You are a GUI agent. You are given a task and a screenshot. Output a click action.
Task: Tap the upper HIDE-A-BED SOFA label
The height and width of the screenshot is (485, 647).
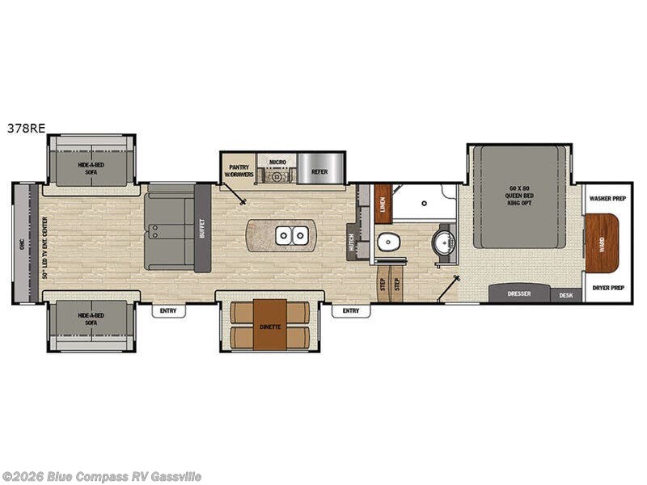(x=91, y=167)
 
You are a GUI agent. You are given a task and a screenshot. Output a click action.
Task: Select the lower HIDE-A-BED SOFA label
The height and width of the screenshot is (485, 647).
(x=91, y=318)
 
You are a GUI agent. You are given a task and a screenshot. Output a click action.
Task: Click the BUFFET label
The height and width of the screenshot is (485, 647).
(x=202, y=229)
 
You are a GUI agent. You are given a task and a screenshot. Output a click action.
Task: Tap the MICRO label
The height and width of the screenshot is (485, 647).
(x=278, y=162)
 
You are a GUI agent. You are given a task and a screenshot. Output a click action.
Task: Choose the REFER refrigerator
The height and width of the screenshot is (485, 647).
(x=319, y=171)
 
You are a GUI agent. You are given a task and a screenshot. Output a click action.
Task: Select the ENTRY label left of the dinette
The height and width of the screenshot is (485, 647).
(x=168, y=310)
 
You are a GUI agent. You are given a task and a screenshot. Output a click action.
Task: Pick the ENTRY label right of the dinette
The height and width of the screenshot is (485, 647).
(x=350, y=310)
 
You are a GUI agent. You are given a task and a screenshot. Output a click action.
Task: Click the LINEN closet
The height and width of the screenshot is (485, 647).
(x=383, y=205)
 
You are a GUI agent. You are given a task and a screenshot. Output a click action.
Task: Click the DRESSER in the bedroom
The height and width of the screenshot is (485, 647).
(x=518, y=294)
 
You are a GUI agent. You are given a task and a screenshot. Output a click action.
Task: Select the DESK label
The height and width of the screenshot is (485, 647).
(x=566, y=295)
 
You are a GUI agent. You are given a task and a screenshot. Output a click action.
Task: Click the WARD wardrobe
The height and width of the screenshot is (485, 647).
(x=600, y=242)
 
